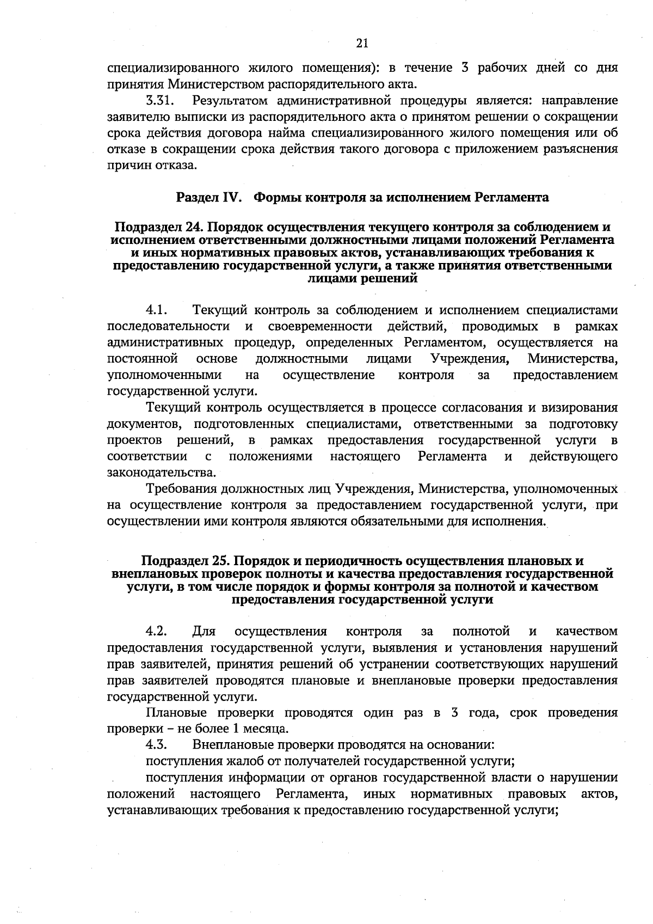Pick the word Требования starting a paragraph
pyautogui.click(x=180, y=489)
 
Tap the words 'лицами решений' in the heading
pyautogui.click(x=362, y=279)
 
